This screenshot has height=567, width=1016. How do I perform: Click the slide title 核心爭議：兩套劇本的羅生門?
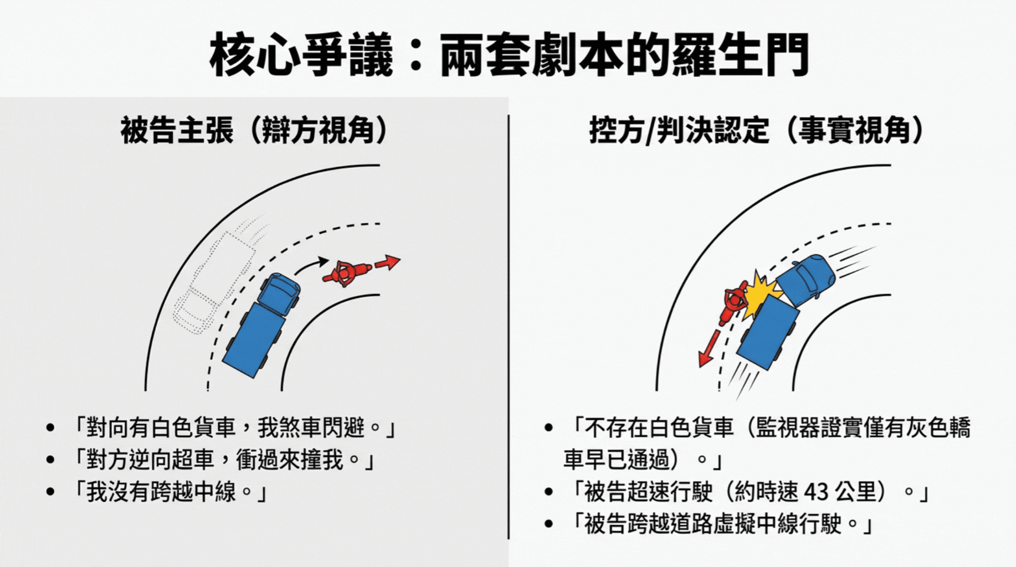point(509,55)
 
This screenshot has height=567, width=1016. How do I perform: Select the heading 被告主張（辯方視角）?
point(254,131)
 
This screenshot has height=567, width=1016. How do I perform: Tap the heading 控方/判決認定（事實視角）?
point(756,131)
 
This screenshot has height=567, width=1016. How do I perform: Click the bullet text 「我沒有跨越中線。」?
point(171,492)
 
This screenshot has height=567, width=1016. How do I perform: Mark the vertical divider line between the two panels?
point(509,327)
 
